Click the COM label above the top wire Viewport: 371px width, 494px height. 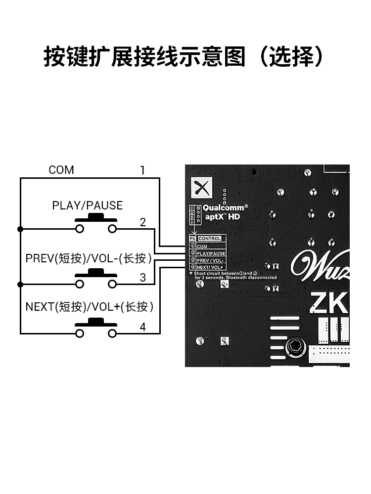coord(61,170)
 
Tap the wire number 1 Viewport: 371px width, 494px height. coord(142,170)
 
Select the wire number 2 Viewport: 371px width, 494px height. coord(142,222)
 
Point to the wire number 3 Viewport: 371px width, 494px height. coord(142,278)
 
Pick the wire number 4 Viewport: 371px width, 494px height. coord(142,327)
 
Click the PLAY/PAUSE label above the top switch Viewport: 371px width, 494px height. coord(87,206)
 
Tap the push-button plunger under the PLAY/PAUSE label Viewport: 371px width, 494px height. coord(95,218)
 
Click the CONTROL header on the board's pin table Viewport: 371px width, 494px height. coord(210,239)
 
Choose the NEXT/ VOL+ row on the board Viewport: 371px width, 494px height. coord(210,267)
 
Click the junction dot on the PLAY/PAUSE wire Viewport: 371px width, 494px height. coord(20,229)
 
